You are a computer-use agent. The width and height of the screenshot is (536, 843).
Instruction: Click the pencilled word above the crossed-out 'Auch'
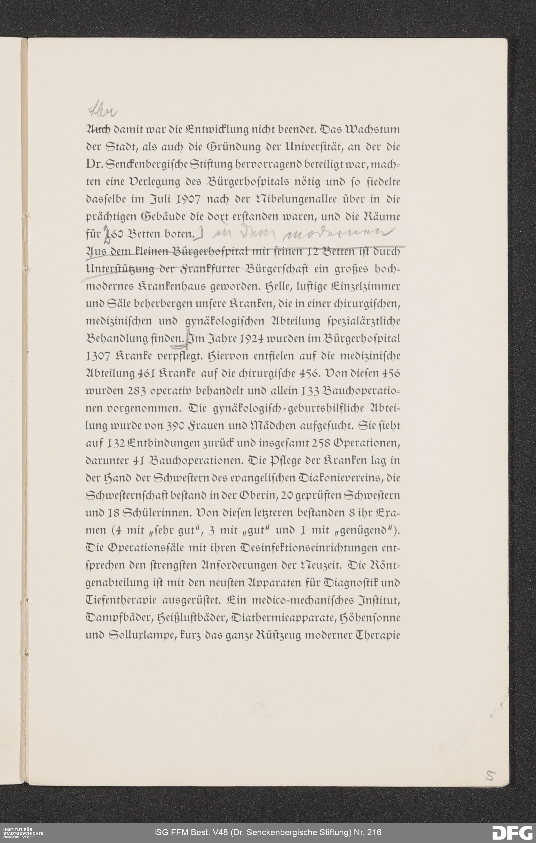103,112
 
